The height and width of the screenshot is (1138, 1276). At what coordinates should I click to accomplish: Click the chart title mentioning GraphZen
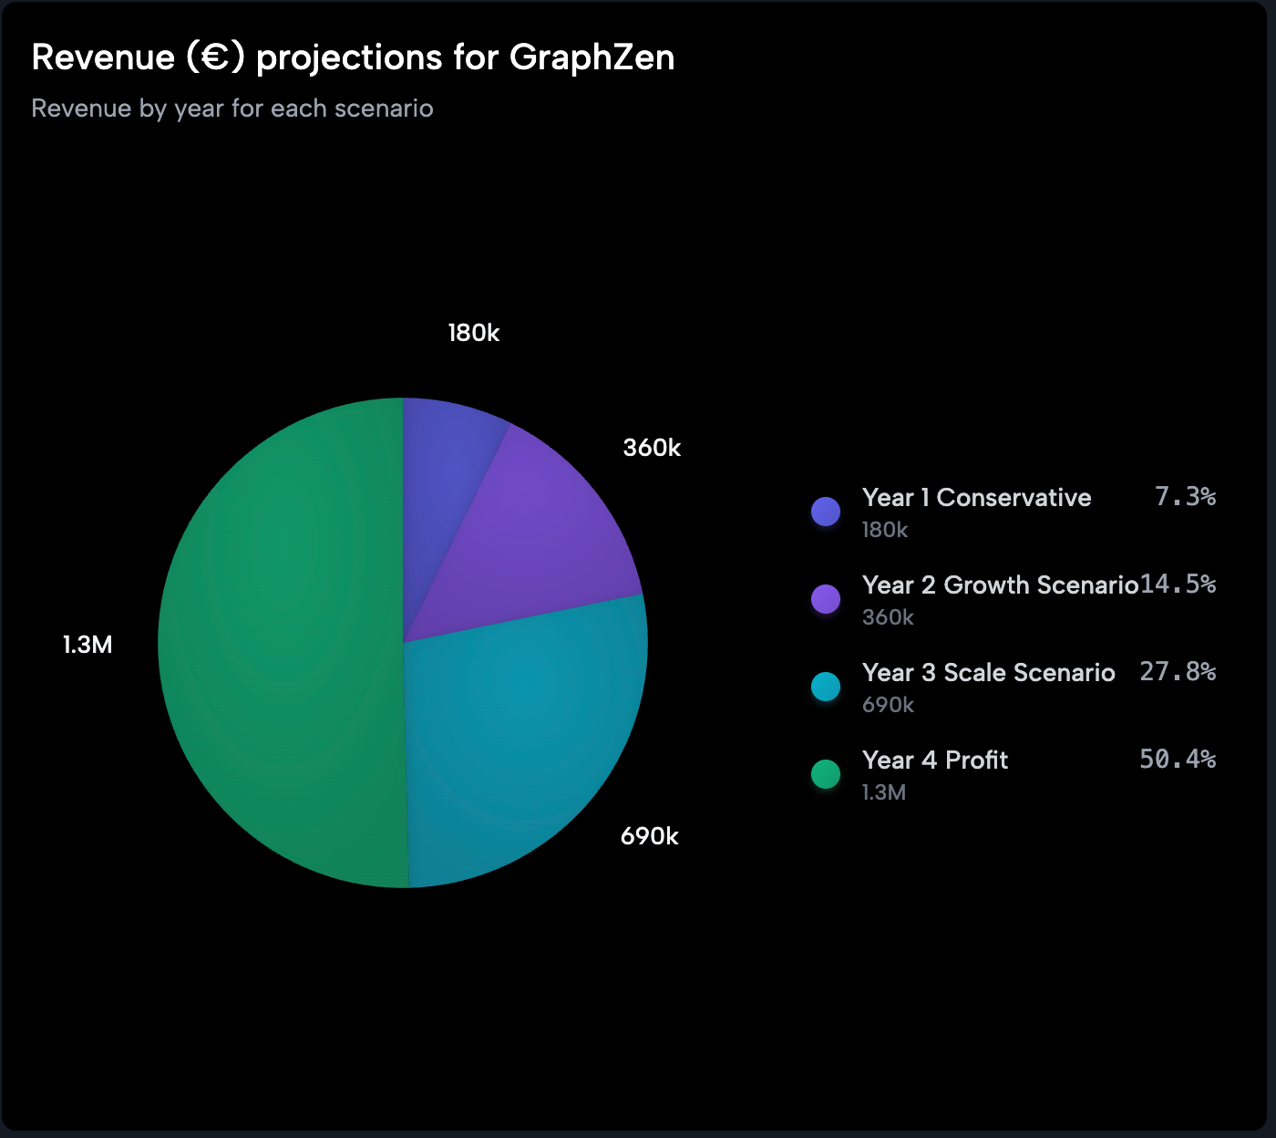coord(353,57)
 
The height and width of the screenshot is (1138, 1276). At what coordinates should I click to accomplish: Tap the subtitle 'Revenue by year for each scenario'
coord(232,109)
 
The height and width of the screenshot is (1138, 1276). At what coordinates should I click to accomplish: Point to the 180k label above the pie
coord(473,334)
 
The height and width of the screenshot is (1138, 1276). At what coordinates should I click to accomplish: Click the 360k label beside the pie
coord(652,448)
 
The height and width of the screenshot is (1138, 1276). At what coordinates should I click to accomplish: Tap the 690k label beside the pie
coord(649,836)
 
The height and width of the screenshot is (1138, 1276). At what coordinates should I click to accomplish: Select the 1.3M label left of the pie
coord(87,645)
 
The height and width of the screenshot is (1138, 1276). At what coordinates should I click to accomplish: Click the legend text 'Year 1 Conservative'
coord(976,498)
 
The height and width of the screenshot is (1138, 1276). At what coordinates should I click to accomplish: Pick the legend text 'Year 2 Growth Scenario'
coord(1000,585)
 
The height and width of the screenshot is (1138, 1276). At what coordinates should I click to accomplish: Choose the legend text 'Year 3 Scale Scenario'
coord(988,673)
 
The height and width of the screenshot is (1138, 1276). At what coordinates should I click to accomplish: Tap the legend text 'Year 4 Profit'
coord(935,760)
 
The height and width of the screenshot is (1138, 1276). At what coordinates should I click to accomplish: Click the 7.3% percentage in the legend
coord(1185,497)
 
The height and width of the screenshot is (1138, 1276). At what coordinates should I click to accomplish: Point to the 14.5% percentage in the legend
coord(1178,585)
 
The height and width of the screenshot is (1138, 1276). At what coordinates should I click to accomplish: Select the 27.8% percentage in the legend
coord(1178,672)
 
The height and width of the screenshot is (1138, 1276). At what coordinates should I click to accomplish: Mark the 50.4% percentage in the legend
coord(1178,760)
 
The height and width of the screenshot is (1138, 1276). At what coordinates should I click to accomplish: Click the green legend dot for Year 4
coord(826,774)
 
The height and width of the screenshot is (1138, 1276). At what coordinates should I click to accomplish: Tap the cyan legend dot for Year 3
coord(826,687)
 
